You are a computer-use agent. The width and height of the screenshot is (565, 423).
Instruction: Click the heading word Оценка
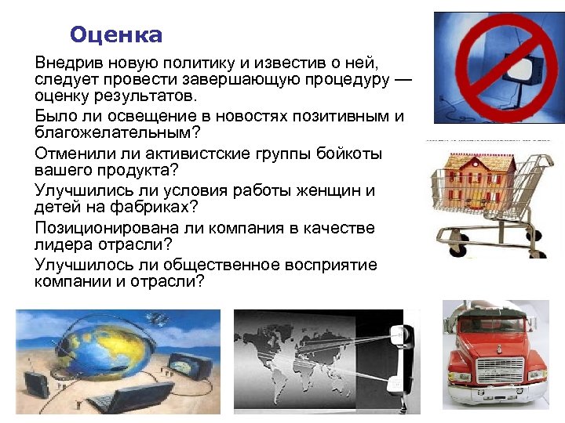click(x=116, y=35)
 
